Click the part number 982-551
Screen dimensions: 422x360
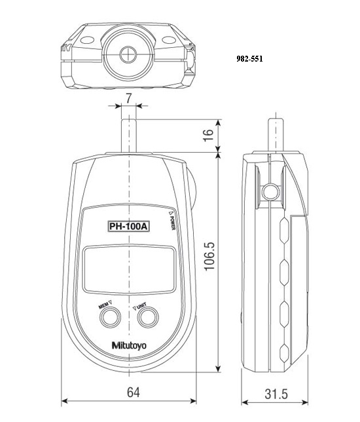(x=249, y=58)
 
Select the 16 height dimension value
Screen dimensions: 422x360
(x=208, y=136)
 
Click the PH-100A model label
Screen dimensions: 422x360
(x=128, y=227)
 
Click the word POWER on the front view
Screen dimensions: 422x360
(x=171, y=222)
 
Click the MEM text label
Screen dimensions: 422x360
(x=103, y=305)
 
